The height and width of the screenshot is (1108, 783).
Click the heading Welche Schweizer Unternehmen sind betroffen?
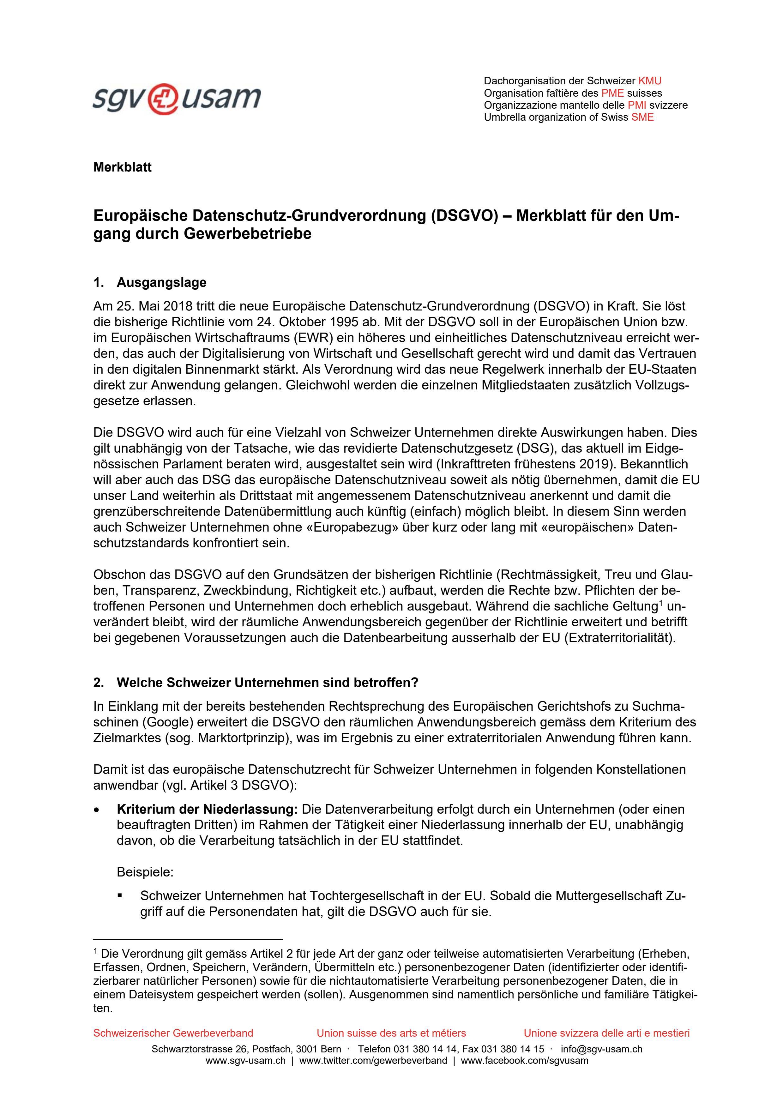[267, 683]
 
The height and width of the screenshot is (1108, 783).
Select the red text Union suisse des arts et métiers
[391, 1033]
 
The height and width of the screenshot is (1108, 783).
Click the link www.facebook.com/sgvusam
[524, 1061]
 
